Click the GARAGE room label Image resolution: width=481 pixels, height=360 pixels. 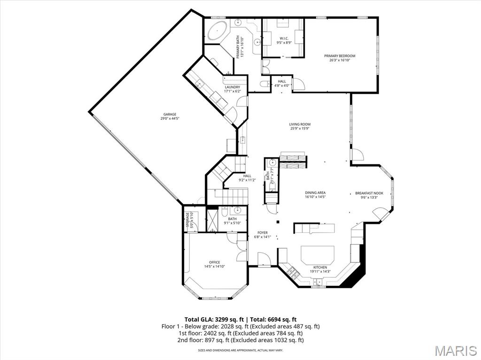click(x=170, y=114)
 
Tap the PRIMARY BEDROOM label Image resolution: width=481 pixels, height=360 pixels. click(x=340, y=56)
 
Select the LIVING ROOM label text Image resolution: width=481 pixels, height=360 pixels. click(x=300, y=124)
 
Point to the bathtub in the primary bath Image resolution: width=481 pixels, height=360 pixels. click(x=217, y=31)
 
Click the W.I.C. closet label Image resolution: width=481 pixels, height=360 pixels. click(x=284, y=38)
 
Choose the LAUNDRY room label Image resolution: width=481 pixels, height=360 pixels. click(x=232, y=87)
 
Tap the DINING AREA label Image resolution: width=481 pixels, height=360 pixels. click(x=315, y=192)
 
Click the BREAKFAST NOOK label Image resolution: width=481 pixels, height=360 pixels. click(x=369, y=193)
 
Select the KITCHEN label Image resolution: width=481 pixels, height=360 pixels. click(x=320, y=267)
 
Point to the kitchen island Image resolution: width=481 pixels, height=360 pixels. click(x=318, y=255)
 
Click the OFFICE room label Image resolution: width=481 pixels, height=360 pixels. click(x=214, y=262)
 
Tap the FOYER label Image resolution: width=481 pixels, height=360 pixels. click(x=262, y=232)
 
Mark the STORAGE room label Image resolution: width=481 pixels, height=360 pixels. click(x=187, y=219)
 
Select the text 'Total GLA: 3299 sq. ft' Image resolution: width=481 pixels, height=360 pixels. click(x=214, y=319)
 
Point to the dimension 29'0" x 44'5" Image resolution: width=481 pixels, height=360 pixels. click(x=170, y=118)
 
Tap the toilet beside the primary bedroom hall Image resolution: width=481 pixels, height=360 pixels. click(x=265, y=84)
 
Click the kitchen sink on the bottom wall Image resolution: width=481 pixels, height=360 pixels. click(x=318, y=282)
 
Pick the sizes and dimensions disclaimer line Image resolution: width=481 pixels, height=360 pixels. click(x=240, y=350)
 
